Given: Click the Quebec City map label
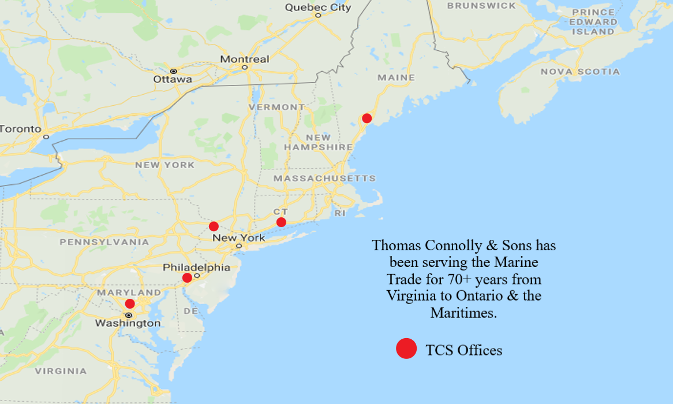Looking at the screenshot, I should (x=318, y=8).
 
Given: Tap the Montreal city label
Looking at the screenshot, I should (x=245, y=59).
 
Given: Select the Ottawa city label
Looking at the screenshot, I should (x=173, y=79).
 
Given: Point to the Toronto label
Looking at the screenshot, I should (x=20, y=128).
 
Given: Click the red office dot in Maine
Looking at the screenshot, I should (x=367, y=118).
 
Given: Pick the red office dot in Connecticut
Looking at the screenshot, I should (x=281, y=222).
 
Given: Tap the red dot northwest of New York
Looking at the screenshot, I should (x=214, y=226).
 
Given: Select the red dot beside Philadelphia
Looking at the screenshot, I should (x=187, y=277).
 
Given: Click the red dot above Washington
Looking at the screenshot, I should (x=130, y=303).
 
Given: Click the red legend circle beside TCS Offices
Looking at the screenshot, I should (x=406, y=349).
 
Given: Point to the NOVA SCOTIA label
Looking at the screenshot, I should (x=580, y=72).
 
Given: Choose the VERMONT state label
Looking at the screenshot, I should (x=277, y=107).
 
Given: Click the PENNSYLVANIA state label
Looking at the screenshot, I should (x=104, y=242).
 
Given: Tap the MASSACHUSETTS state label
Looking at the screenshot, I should (x=324, y=179).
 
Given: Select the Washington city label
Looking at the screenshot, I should (x=128, y=323).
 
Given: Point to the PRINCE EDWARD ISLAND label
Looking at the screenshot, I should (x=593, y=21).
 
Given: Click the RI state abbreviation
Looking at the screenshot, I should (x=339, y=213).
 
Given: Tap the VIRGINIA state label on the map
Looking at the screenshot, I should (x=61, y=371).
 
